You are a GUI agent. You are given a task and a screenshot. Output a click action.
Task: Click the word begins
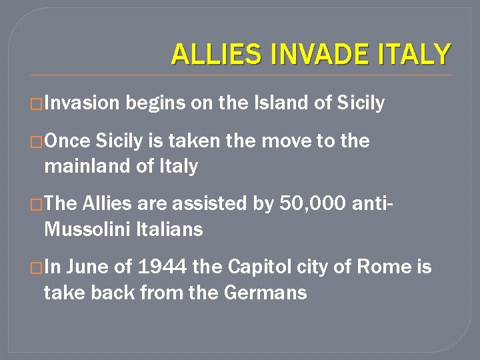[155, 104]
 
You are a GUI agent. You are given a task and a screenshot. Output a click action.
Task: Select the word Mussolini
[87, 229]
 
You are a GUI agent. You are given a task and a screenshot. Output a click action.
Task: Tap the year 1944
[162, 267]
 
